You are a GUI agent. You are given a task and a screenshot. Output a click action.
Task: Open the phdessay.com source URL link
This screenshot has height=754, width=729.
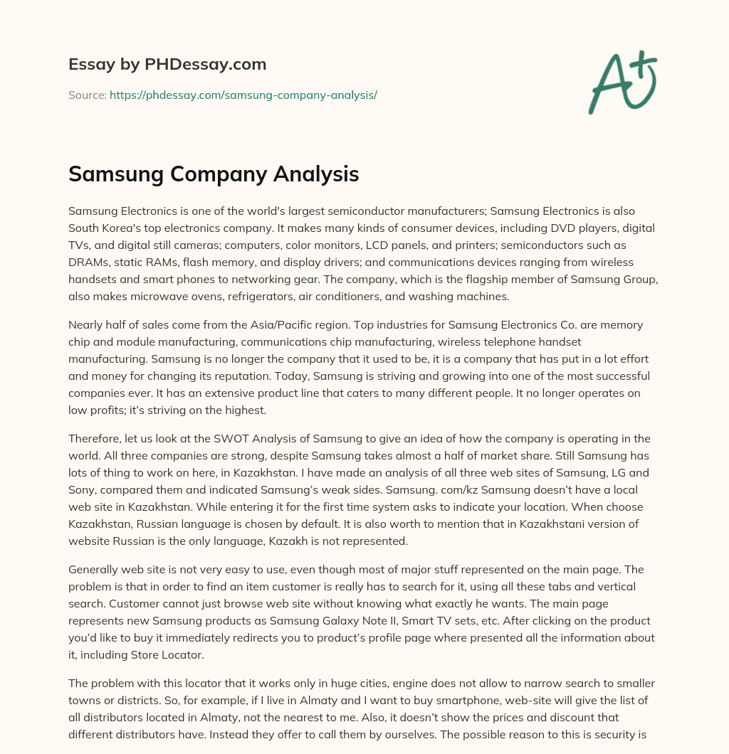243,95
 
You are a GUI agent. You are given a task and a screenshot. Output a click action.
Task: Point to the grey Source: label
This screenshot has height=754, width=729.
87,95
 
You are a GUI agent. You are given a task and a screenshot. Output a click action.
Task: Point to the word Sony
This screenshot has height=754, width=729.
84,490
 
